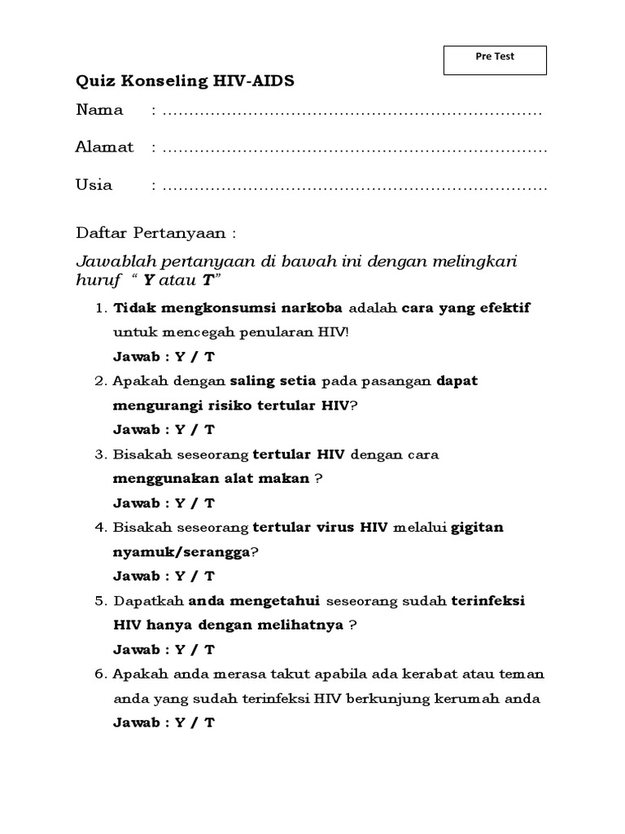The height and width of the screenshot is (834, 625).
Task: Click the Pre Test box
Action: click(494, 59)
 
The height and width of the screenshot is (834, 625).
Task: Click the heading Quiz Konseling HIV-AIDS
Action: click(186, 81)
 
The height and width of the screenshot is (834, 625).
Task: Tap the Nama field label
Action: click(99, 110)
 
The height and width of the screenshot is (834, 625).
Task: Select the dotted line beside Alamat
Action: click(354, 149)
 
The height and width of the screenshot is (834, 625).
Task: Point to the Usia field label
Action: click(94, 185)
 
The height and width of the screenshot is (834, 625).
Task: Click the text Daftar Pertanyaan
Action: click(155, 233)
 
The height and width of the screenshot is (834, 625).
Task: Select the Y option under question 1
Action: click(181, 357)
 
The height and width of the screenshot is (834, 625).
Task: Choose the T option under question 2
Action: click(210, 430)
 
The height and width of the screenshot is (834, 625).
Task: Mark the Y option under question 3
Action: click(181, 503)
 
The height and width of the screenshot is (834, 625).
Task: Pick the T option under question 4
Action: click(210, 577)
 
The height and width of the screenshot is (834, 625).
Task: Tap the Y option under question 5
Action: click(181, 650)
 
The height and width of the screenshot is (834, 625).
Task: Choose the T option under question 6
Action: click(210, 723)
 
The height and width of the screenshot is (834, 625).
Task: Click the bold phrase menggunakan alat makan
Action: click(212, 479)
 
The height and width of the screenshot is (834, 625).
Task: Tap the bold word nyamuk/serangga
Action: click(181, 552)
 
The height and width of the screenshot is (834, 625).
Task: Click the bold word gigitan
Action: click(478, 528)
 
